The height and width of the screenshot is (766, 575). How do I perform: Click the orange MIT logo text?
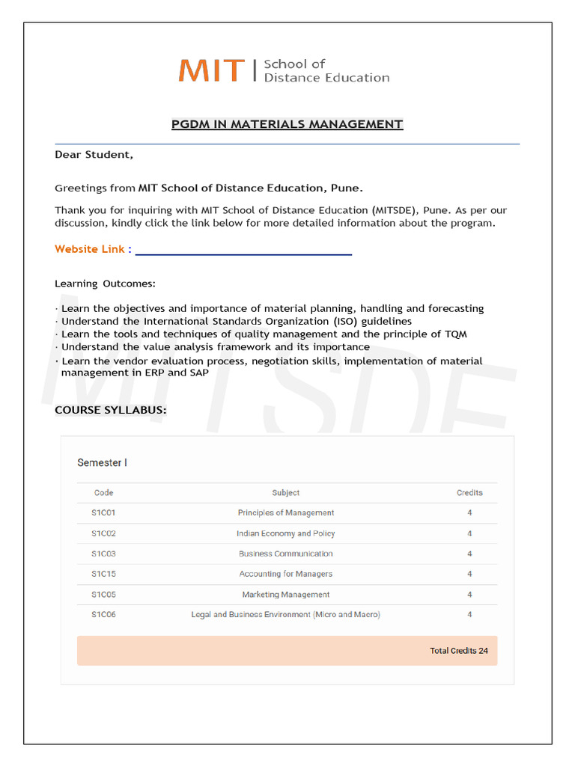pos(211,70)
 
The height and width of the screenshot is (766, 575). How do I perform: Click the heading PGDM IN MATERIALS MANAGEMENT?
pos(287,124)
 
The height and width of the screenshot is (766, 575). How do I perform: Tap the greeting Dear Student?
pos(94,155)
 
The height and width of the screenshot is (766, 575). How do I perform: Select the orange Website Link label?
pos(93,249)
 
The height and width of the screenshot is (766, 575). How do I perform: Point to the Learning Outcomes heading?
pos(105,284)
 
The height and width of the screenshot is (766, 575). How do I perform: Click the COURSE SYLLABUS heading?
pos(111,410)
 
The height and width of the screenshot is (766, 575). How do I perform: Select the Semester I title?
pos(102,463)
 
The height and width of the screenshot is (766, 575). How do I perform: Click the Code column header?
pos(103,493)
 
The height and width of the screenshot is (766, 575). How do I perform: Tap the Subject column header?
pos(286,493)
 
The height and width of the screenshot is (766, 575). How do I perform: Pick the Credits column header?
pos(469,493)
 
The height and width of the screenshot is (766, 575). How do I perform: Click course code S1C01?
pos(103,513)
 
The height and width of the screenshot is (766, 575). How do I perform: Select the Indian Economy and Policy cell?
pos(286,533)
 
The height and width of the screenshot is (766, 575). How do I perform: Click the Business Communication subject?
pos(286,554)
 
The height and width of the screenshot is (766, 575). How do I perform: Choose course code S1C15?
pos(103,574)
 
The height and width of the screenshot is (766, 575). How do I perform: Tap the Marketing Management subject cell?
pos(286,595)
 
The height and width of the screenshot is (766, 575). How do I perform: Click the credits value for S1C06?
pos(469,615)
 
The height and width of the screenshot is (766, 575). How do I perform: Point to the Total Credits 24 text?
pos(458,651)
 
